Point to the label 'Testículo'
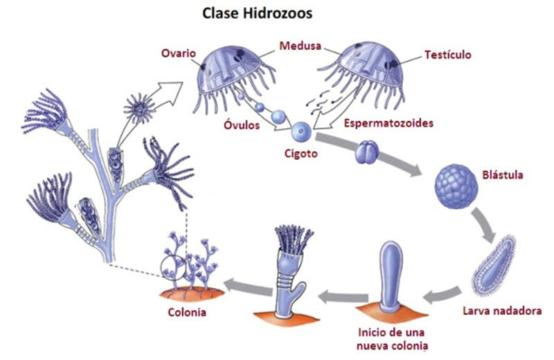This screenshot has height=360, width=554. (x=446, y=54)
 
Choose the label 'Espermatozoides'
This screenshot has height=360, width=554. (x=388, y=123)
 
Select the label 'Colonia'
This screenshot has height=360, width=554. (x=187, y=312)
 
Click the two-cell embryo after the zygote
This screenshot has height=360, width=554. (x=366, y=153)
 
